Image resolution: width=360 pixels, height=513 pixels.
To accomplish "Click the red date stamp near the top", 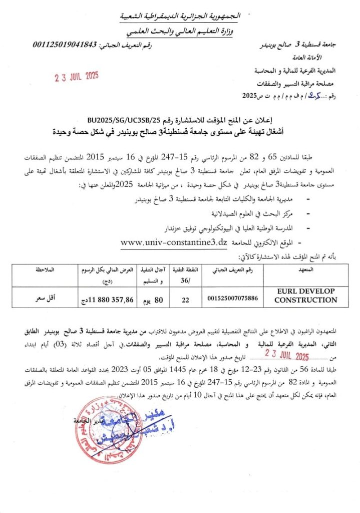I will point(77,77).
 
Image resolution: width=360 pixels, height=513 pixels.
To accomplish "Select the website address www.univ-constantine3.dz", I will point(174,241).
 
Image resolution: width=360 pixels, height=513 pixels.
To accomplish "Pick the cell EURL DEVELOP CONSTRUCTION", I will point(305,296).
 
